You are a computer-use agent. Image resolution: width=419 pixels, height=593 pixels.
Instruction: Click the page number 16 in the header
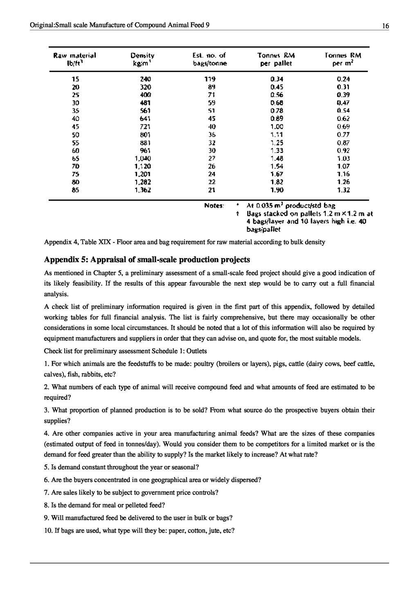385,26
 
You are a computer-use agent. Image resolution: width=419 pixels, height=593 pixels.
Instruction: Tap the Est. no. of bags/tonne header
209,59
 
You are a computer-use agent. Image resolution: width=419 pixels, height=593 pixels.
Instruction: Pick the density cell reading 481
145,102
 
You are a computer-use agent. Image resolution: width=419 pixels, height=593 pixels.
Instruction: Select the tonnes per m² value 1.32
343,190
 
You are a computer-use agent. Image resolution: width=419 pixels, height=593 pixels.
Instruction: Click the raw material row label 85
76,190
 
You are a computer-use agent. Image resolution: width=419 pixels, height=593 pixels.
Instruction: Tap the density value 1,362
143,190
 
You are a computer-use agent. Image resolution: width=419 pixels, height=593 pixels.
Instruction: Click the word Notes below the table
214,206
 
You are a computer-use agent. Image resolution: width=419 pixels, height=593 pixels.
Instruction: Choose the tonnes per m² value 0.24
343,79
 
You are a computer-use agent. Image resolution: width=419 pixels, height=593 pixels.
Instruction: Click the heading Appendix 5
147,260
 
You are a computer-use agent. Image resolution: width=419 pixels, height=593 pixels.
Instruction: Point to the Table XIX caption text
185,242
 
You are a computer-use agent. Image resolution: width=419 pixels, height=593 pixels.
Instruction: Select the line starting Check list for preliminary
125,351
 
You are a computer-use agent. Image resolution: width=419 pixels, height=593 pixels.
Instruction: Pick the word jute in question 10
216,530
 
